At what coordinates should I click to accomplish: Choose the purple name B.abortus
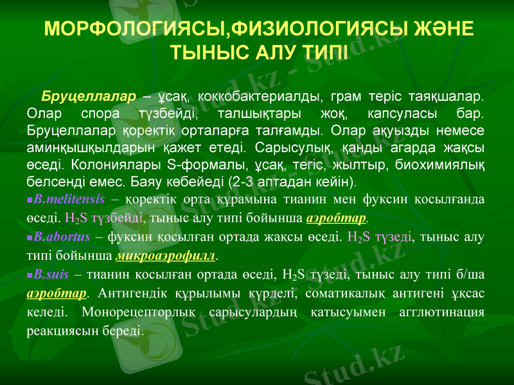(x=62, y=237)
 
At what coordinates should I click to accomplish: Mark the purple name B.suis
(x=51, y=276)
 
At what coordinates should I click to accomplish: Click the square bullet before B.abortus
(x=30, y=237)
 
